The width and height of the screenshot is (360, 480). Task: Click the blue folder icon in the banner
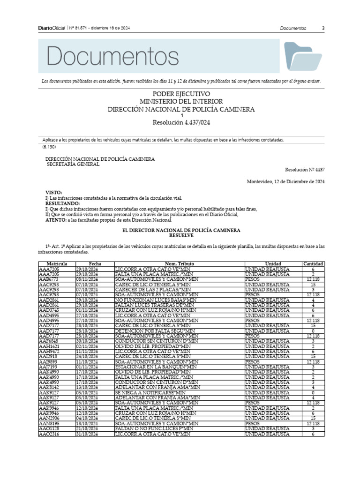(303, 57)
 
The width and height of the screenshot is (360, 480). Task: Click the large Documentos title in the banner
(112, 57)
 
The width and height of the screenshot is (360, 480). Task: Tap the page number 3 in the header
(323, 28)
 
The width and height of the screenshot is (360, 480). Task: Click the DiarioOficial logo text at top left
(52, 28)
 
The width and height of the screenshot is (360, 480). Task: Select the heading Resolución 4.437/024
(181, 123)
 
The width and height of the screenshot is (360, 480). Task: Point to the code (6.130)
(49, 147)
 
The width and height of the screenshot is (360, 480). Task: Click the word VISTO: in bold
(53, 193)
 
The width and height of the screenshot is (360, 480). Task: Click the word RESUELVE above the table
(181, 236)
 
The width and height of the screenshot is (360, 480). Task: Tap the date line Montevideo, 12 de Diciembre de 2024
(286, 181)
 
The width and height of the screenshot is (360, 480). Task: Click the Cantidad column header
(313, 264)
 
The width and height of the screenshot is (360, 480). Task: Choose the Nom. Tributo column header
(180, 264)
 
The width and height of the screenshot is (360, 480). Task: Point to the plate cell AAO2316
(49, 434)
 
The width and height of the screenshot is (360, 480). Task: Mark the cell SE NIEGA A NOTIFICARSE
(150, 392)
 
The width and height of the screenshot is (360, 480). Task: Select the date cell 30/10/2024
(87, 341)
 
